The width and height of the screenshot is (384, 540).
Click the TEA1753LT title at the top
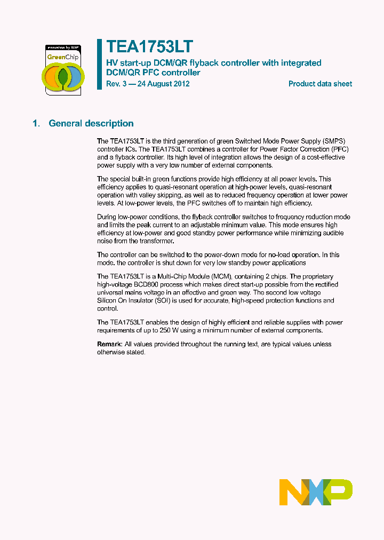click(149, 46)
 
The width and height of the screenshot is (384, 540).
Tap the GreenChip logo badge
click(63, 69)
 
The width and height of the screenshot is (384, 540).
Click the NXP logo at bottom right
click(316, 492)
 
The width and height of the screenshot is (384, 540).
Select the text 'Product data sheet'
click(320, 84)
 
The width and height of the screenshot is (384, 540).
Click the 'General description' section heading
click(91, 123)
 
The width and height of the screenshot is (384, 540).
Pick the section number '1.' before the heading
click(36, 123)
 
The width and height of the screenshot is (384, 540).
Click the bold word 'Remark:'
click(110, 344)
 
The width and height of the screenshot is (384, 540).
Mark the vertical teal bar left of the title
click(99, 64)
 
